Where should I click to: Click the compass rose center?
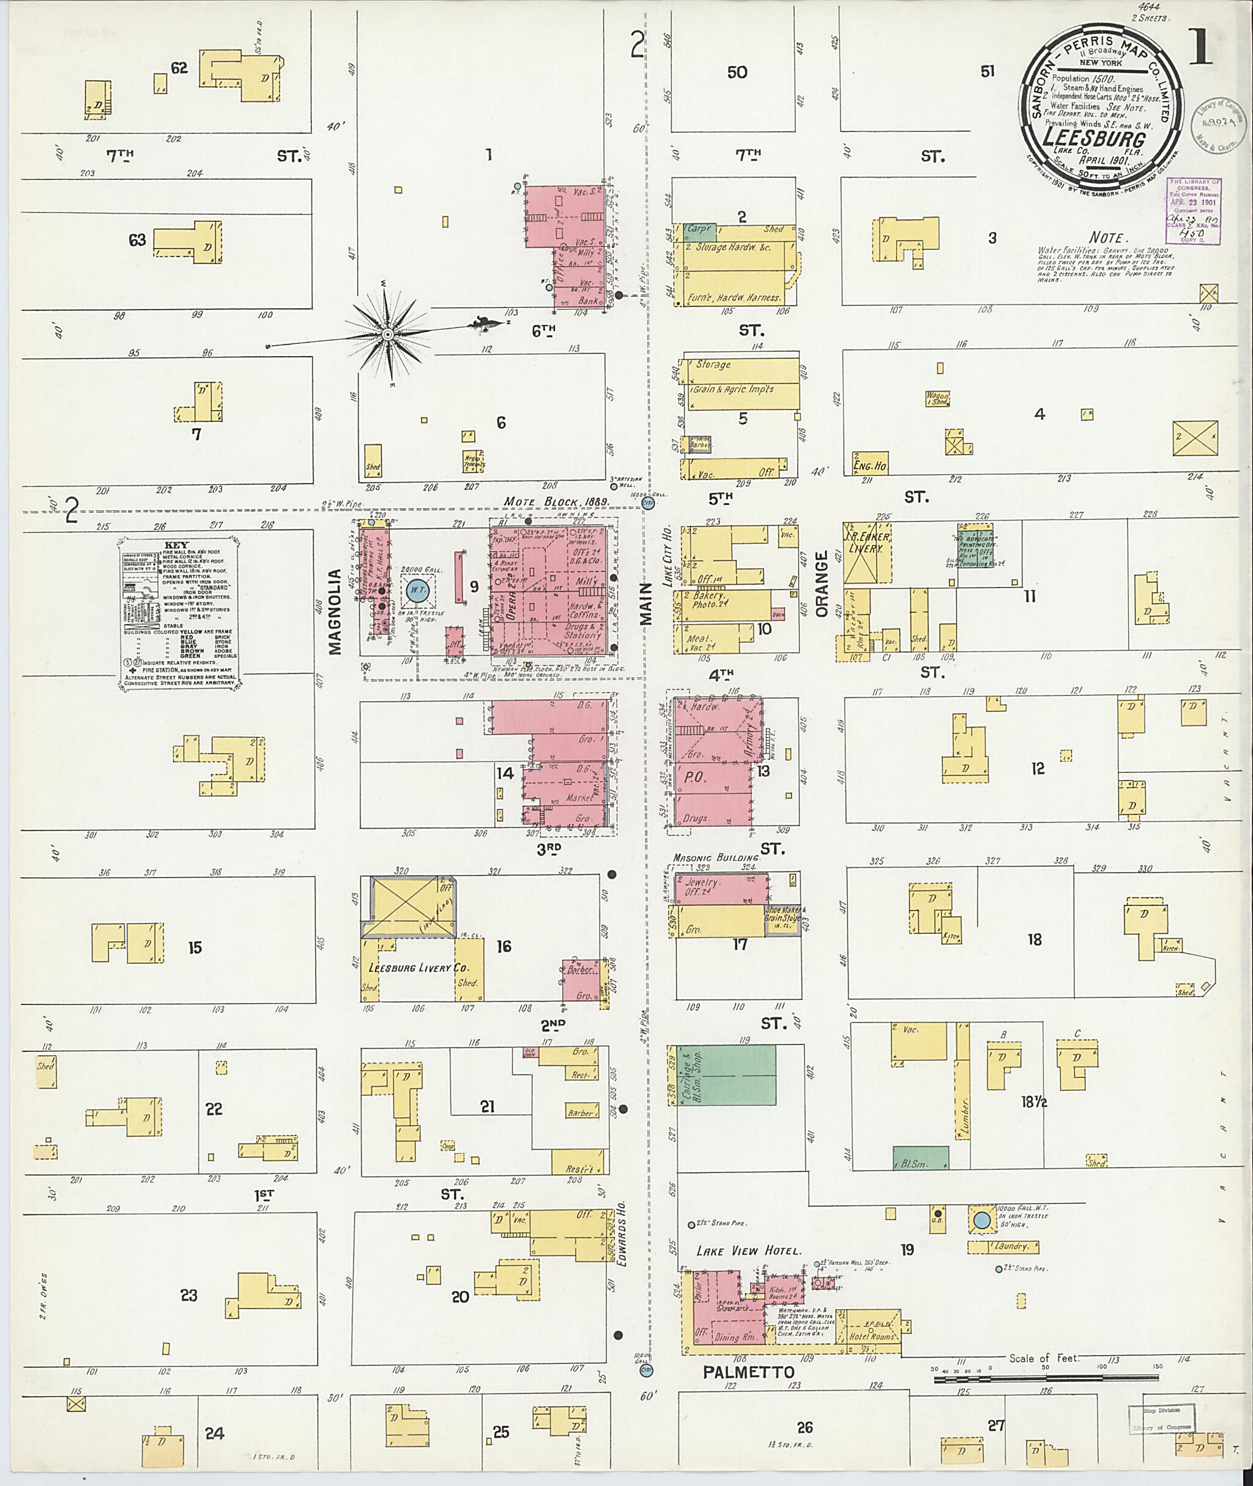tap(388, 334)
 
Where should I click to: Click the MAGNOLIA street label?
tap(336, 611)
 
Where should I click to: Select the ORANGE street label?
tap(822, 584)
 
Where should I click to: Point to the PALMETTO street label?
tap(748, 1372)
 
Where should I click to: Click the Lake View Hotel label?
tap(747, 1251)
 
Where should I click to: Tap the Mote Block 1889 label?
tap(557, 502)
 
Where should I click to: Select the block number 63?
tap(137, 240)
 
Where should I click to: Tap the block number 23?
tap(188, 1296)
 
